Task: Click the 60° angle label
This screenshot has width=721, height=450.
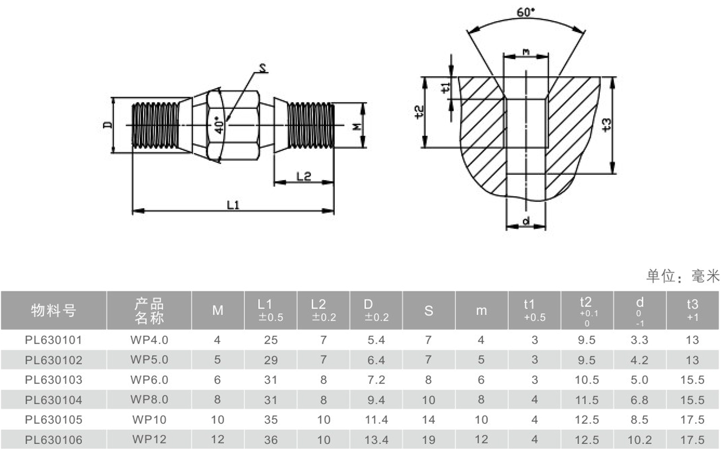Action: (526, 12)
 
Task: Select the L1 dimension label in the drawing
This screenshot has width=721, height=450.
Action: (233, 205)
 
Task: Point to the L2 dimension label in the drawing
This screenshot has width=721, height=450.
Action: (303, 176)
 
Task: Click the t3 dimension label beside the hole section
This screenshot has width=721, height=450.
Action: (606, 125)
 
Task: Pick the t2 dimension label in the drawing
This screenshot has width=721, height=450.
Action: (419, 112)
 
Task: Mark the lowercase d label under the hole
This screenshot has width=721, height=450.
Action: (526, 220)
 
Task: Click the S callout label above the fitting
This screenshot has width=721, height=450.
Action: (263, 68)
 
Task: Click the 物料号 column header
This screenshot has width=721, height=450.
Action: (53, 310)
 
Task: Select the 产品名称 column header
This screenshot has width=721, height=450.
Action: (149, 311)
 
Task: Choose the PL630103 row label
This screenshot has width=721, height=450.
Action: (53, 380)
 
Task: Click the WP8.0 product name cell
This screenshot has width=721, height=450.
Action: (149, 400)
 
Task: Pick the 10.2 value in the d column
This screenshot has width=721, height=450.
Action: (640, 440)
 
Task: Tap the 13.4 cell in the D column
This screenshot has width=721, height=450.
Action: (376, 440)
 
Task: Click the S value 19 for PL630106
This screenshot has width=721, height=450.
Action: (428, 440)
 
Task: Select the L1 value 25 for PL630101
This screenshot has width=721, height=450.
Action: (271, 340)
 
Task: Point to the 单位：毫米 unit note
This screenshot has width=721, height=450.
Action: (683, 276)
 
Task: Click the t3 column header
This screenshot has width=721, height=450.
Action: (692, 310)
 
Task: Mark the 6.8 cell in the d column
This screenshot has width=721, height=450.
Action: (640, 400)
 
